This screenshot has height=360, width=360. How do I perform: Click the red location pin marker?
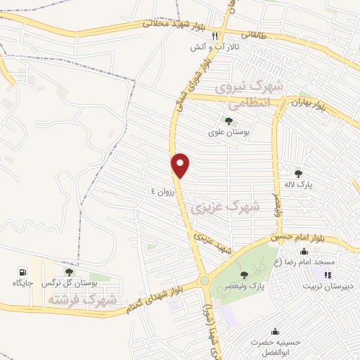pyautogui.click(x=181, y=165)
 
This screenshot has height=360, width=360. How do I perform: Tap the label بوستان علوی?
pyautogui.click(x=229, y=132)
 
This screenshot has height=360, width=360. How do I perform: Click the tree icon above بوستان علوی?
pyautogui.click(x=229, y=121)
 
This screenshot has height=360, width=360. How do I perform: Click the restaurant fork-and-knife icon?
pyautogui.click(x=214, y=36)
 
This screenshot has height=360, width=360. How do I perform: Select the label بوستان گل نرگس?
pyautogui.click(x=68, y=283)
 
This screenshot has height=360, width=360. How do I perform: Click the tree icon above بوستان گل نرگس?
pyautogui.click(x=69, y=271)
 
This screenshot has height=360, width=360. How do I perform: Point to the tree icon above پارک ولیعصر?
pyautogui.click(x=244, y=274)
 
